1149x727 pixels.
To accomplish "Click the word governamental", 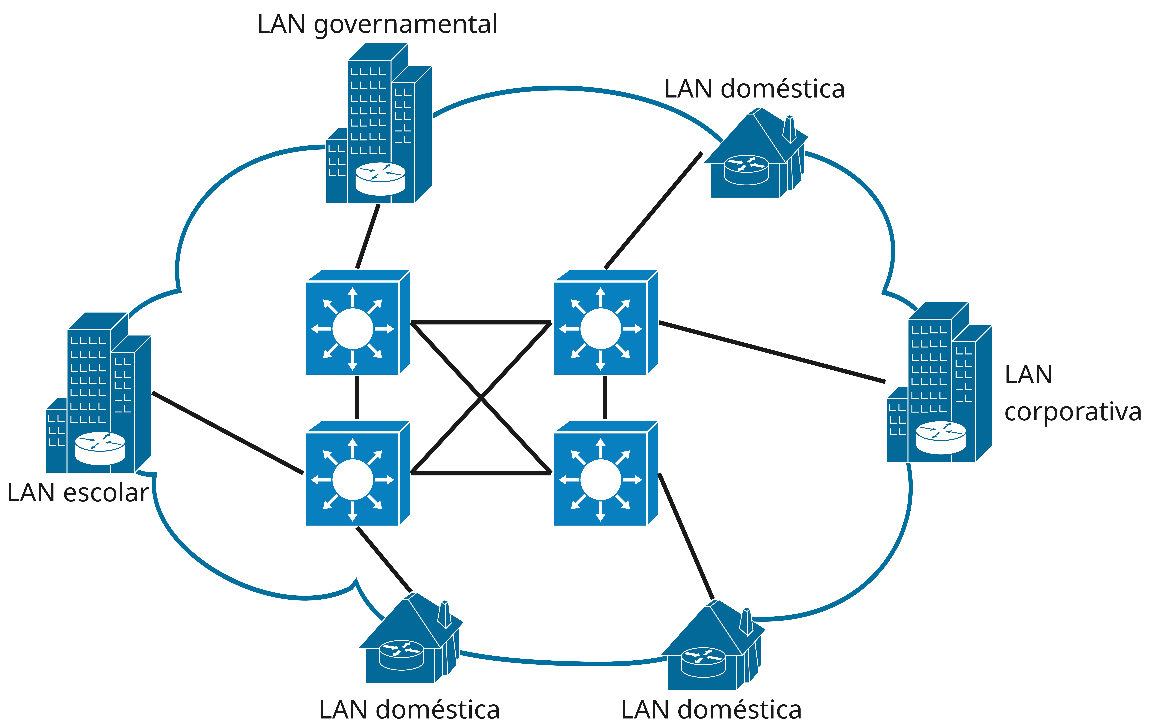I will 406,25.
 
